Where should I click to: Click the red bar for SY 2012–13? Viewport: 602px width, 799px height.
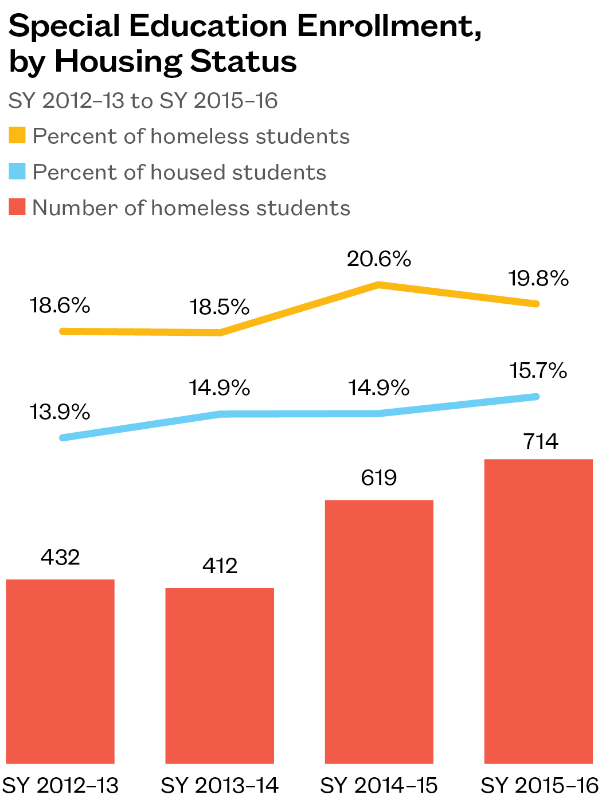[60, 671]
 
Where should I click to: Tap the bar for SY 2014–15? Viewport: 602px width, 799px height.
[379, 631]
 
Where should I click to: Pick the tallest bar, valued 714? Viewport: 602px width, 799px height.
[538, 611]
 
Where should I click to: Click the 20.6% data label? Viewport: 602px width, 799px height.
[379, 259]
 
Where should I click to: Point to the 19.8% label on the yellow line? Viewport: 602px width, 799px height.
[538, 279]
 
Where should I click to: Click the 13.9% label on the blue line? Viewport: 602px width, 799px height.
[60, 412]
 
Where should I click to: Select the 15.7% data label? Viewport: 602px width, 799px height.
[538, 371]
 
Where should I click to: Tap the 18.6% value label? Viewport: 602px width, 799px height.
[60, 305]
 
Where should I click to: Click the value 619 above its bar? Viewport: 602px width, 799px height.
[379, 477]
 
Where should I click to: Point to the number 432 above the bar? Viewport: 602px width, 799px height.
[60, 557]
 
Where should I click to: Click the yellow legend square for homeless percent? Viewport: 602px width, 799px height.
[17, 136]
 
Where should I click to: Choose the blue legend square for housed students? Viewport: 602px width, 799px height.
[17, 171]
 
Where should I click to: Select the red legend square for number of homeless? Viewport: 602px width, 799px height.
[17, 207]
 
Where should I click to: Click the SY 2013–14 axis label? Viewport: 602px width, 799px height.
[220, 785]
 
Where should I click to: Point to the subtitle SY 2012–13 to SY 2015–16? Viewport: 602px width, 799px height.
[143, 101]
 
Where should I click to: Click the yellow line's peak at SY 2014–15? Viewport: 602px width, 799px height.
[379, 284]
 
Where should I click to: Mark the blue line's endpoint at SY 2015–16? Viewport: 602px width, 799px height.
[537, 396]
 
